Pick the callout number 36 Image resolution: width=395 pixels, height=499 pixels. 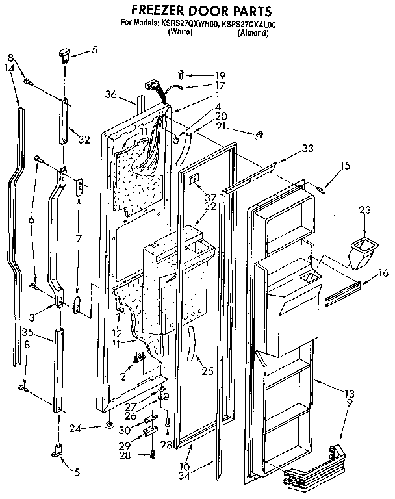click(110, 94)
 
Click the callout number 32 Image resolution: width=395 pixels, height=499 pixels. click(83, 138)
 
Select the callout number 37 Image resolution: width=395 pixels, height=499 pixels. click(192, 197)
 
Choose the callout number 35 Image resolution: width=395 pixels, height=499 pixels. click(27, 332)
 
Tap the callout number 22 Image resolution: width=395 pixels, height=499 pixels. click(192, 206)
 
